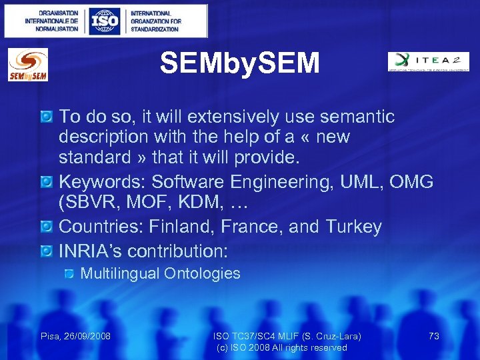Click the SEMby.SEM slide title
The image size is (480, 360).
(x=240, y=64)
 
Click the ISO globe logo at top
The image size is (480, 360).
(x=105, y=21)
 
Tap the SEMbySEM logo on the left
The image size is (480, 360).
(x=27, y=65)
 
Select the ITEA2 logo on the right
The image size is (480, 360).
(x=429, y=61)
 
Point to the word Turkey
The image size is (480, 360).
(x=353, y=227)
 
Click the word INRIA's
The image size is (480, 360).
(x=90, y=251)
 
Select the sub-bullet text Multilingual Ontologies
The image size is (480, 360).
(x=160, y=273)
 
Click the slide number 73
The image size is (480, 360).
(x=433, y=336)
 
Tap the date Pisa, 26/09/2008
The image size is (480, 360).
(x=75, y=336)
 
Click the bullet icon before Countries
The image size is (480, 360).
(x=46, y=228)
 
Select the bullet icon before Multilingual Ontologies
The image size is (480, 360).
(x=69, y=274)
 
